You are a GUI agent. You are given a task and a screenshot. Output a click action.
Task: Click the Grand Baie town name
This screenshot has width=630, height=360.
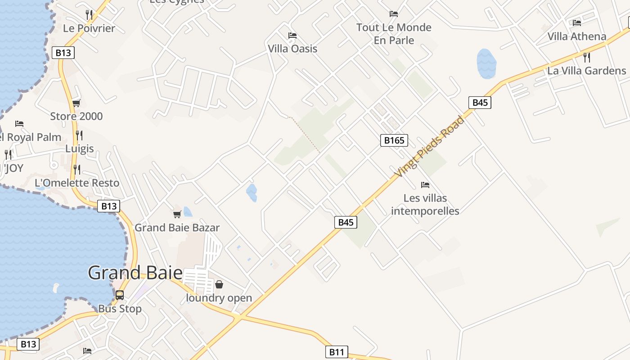click(135, 273)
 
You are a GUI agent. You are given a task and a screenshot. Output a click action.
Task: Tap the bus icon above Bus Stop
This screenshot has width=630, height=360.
click(120, 295)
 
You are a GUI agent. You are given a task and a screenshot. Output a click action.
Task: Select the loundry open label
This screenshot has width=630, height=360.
click(219, 298)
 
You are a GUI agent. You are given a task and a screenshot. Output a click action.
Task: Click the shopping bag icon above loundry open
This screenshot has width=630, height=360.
click(219, 284)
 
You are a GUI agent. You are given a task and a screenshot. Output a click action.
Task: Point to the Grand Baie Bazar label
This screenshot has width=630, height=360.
click(177, 228)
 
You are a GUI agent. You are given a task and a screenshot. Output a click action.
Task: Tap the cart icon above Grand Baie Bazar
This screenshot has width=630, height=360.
click(177, 214)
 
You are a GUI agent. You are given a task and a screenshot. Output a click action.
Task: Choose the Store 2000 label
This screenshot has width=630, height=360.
click(76, 116)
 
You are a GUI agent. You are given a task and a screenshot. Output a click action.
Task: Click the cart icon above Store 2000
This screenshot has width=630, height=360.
click(76, 103)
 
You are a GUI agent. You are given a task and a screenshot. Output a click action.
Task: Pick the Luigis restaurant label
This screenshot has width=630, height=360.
click(80, 148)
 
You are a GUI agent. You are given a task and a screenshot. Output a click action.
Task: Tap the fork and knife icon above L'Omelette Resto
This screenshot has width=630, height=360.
click(77, 170)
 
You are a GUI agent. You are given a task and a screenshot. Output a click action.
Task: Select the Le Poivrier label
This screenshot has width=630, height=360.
click(89, 28)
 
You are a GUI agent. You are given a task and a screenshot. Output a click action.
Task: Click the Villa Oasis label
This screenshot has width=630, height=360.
click(292, 49)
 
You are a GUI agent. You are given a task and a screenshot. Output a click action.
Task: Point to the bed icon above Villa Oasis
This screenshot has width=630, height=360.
click(292, 35)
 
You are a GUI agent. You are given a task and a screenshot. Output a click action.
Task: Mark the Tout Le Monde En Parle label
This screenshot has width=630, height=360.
click(394, 34)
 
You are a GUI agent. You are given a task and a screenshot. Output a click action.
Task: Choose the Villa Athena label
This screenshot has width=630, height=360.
click(577, 36)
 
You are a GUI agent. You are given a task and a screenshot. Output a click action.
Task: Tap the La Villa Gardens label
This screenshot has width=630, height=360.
click(586, 71)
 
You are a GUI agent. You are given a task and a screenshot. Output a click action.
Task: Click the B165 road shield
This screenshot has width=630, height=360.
click(394, 140)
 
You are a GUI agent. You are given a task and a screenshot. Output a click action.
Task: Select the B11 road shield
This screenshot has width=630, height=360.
click(337, 352)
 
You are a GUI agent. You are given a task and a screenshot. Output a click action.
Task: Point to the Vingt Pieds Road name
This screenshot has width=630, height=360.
click(429, 146)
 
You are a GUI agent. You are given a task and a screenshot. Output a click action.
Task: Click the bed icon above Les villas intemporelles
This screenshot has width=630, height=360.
click(425, 185)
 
